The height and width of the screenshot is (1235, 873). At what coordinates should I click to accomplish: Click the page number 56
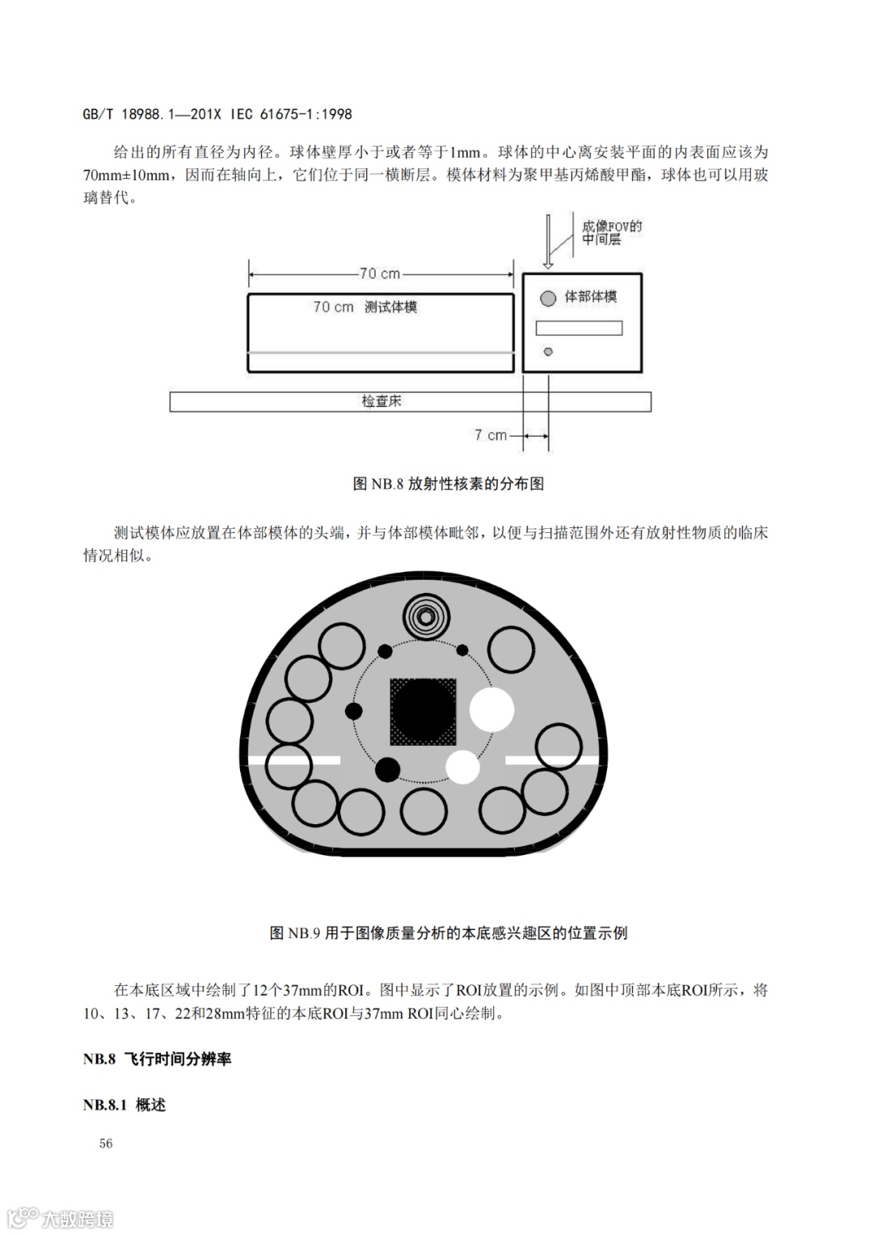pyautogui.click(x=106, y=1143)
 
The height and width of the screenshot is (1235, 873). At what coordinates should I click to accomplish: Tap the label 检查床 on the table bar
pyautogui.click(x=382, y=401)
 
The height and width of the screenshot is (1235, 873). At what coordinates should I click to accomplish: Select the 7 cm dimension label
pyautogui.click(x=490, y=435)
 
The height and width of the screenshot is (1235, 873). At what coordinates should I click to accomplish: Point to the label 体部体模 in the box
pyautogui.click(x=590, y=297)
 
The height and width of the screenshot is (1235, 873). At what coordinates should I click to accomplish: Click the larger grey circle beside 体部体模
pyautogui.click(x=548, y=298)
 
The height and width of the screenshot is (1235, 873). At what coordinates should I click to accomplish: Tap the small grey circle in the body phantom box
pyautogui.click(x=548, y=352)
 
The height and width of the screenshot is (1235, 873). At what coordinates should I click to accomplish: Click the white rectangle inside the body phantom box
pyautogui.click(x=579, y=328)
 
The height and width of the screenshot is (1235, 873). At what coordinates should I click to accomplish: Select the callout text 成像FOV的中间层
pyautogui.click(x=611, y=233)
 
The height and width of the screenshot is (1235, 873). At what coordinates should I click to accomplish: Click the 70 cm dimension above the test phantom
pyautogui.click(x=380, y=274)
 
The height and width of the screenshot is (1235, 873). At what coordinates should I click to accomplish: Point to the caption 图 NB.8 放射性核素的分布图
pyautogui.click(x=448, y=484)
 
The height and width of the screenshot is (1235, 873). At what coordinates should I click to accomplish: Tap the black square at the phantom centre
pyautogui.click(x=423, y=712)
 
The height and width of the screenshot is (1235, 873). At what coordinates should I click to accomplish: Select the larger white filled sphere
pyautogui.click(x=491, y=709)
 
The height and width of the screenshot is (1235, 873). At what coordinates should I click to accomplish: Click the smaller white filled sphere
pyautogui.click(x=463, y=767)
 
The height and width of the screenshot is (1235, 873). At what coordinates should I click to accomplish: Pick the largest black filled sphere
pyautogui.click(x=387, y=769)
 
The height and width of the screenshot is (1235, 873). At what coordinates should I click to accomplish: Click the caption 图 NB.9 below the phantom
pyautogui.click(x=448, y=933)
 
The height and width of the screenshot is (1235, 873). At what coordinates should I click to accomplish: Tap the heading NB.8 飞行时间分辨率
pyautogui.click(x=157, y=1059)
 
